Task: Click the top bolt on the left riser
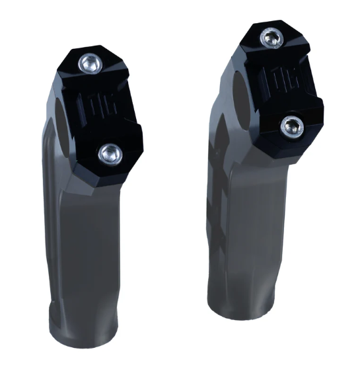click(89, 63)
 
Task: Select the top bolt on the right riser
click(269, 38)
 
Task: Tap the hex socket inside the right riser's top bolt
click(269, 38)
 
